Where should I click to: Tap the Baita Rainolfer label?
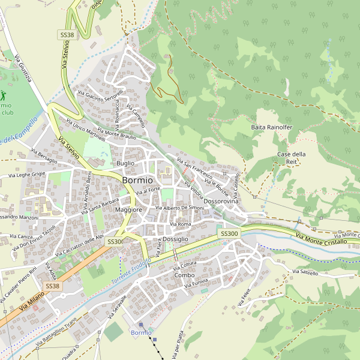click(271, 128)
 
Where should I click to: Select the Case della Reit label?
click(292, 158)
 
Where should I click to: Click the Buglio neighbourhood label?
click(125, 163)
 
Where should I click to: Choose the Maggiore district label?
click(128, 210)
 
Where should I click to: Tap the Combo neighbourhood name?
click(184, 275)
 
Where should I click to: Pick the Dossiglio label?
click(176, 239)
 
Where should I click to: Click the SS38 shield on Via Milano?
click(53, 286)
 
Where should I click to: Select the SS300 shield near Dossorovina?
click(229, 233)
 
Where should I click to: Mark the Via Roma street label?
click(180, 224)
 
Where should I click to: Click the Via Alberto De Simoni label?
click(180, 208)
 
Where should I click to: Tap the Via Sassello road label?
click(305, 272)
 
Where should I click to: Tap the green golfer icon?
click(3, 95)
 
